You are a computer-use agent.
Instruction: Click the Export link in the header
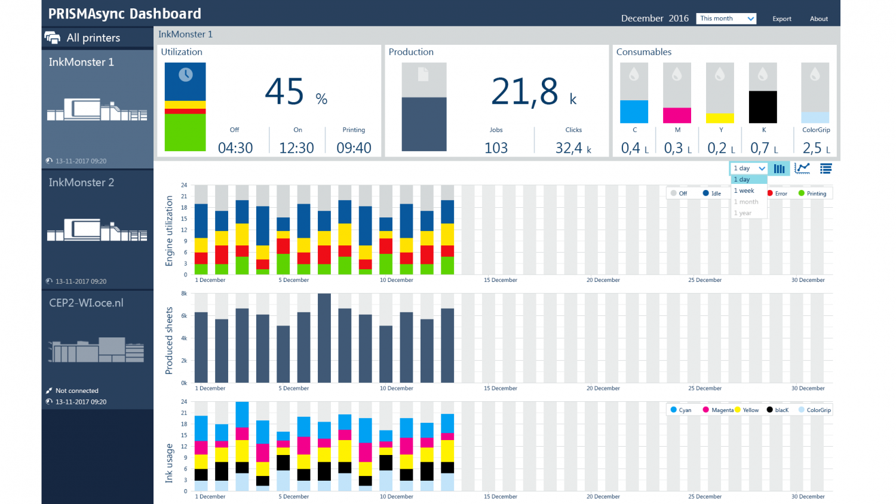(781, 19)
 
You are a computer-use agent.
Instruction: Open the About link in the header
(818, 19)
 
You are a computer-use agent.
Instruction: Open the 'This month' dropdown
(726, 19)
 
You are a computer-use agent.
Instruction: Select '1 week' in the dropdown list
(744, 190)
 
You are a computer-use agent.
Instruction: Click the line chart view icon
(802, 169)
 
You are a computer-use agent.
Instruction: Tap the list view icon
(826, 169)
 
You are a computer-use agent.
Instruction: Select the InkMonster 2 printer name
(81, 183)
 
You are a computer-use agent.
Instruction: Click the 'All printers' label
(93, 38)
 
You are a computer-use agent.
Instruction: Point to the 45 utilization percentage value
(285, 93)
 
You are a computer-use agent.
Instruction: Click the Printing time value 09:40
(354, 147)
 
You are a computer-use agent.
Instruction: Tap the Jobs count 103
(496, 147)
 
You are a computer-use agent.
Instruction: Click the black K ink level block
(763, 107)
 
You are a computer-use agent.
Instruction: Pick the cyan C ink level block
(634, 112)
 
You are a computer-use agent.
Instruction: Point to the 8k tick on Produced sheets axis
(184, 294)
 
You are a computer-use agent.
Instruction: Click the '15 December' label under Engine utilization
(500, 280)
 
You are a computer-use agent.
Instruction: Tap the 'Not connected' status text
(77, 391)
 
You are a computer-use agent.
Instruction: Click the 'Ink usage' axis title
(169, 463)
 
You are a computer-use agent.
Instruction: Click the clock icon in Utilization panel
(186, 75)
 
